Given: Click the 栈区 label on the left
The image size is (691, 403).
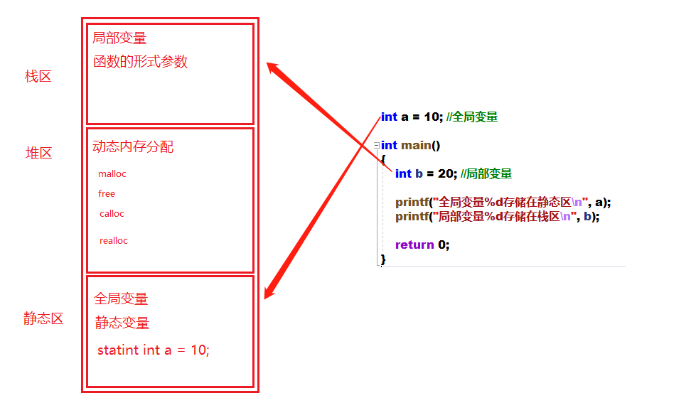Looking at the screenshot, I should pos(38,77).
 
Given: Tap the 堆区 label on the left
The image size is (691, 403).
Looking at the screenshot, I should pos(39,153).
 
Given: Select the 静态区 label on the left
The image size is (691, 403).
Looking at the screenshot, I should pos(43,318).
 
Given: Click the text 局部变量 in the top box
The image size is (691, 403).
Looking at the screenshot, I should pos(119,38).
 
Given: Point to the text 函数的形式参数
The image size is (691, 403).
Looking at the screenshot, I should pos(140,62).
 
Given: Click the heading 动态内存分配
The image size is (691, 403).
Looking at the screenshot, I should pos(133,147).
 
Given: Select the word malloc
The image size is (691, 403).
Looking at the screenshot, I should pos(112,174).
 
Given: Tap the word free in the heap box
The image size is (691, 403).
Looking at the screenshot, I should pos(107,194).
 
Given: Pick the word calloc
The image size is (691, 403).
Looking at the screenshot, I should pos(112,214).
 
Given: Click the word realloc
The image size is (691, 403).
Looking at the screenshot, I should pos(114,241).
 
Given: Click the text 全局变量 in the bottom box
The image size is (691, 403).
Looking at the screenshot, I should pos(121,299).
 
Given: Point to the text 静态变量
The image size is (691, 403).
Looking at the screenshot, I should pos(122,323).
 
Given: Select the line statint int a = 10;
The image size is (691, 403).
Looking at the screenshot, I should pos(154,350).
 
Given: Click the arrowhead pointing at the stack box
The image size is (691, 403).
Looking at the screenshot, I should pos(272,68).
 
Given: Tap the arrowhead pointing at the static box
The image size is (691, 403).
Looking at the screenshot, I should pos(269,291).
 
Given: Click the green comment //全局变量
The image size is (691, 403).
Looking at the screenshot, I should pos(472,117).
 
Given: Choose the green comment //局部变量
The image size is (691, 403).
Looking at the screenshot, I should pos(486,174).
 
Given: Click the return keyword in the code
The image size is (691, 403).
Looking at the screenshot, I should pos(414,245).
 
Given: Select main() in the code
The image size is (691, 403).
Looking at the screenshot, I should pos(421,146).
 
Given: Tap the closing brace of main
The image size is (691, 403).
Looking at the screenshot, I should pos(383,259).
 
